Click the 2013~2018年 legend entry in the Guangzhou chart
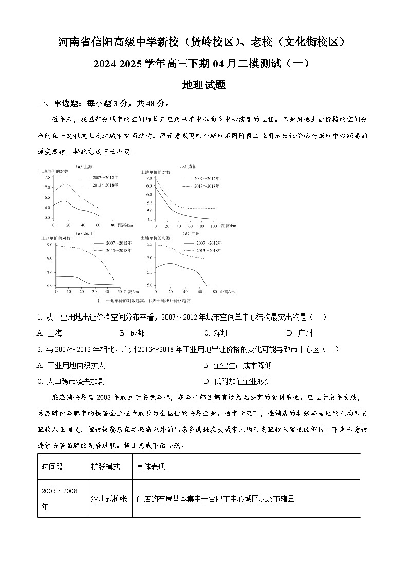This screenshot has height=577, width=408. click(209, 250)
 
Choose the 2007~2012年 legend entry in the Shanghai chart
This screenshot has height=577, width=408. click(105, 177)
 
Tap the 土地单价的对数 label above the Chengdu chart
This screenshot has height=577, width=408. click(155, 172)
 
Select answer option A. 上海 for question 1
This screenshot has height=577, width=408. click(49, 333)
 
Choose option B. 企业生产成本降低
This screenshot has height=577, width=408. click(237, 365)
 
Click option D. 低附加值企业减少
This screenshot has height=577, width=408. click(237, 381)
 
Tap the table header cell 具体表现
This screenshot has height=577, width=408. click(151, 467)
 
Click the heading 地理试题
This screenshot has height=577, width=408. click(204, 85)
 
